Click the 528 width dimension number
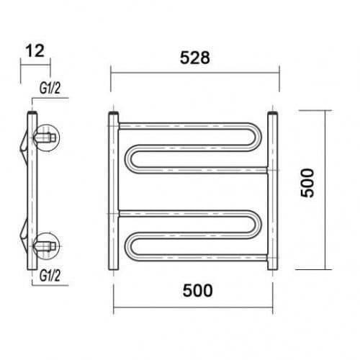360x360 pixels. click(195, 58)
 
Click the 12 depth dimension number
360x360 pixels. click(35, 51)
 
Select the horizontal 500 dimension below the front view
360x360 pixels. click(197, 290)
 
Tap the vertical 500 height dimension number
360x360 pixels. click(307, 183)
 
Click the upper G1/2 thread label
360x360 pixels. click(50, 89)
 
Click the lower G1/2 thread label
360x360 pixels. click(50, 276)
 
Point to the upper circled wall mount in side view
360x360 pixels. click(47, 138)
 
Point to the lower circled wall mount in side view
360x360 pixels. click(47, 246)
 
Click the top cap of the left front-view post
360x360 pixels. click(114, 112)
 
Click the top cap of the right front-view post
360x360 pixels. click(273, 112)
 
